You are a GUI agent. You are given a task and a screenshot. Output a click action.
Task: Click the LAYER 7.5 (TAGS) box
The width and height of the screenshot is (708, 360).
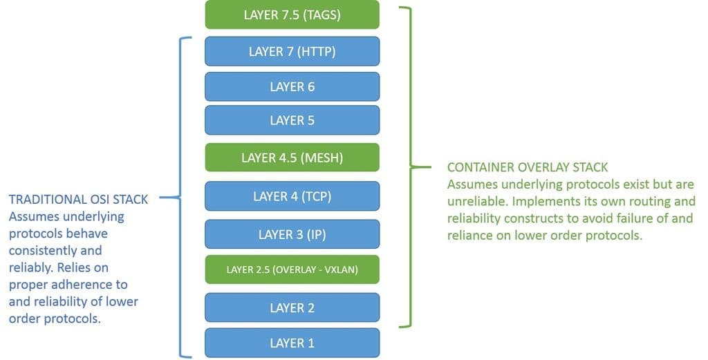[292, 15]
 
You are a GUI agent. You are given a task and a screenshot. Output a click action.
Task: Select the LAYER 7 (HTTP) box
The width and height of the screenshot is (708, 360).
[292, 51]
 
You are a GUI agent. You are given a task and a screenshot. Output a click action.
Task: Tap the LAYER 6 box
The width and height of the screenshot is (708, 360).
[292, 86]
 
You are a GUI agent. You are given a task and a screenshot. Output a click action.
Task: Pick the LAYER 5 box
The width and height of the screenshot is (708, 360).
[292, 120]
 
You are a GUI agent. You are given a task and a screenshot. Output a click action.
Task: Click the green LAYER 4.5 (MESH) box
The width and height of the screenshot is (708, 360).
[292, 158]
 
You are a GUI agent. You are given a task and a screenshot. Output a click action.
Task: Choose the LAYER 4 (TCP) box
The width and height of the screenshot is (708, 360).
[292, 196]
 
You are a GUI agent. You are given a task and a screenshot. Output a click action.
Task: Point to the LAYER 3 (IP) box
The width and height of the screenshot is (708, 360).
[292, 234]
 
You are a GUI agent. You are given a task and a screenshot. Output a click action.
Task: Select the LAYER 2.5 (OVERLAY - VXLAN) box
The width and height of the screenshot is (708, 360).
[292, 269]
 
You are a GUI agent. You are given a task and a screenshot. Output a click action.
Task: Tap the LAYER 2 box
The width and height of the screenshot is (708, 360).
[292, 307]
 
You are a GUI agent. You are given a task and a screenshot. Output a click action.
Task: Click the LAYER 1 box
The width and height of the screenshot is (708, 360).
[292, 343]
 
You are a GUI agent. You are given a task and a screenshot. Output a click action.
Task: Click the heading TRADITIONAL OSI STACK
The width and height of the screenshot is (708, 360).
[78, 200]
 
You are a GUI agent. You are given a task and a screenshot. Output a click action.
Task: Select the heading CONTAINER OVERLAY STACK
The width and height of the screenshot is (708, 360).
[528, 167]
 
